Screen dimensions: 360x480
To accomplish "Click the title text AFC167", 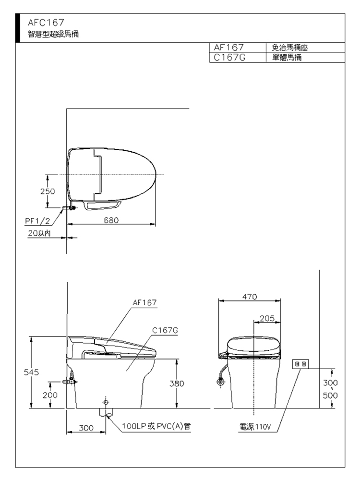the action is (46, 23).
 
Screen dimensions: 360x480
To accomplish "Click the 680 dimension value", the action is (111, 220).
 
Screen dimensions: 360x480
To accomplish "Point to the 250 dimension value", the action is (48, 192).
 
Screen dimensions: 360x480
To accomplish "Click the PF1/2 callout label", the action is (37, 221).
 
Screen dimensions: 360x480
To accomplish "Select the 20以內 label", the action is (39, 233).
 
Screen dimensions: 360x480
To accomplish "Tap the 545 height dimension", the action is (32, 372).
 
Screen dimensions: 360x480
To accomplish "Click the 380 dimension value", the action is (177, 384).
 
